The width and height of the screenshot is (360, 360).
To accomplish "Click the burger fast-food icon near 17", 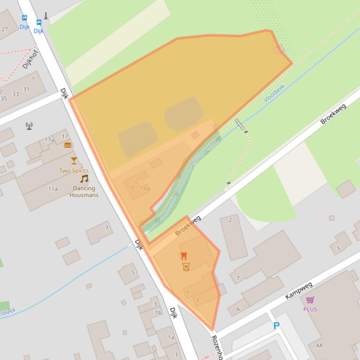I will tap(68, 145).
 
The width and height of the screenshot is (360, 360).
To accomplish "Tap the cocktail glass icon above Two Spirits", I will tap(74, 161).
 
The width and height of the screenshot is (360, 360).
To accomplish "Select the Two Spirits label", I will tap(74, 171).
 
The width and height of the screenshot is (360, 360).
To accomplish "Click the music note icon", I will tap(84, 179).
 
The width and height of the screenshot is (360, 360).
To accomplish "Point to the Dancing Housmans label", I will tap(84, 192).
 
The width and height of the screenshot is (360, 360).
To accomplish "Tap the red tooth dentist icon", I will tap(184, 256).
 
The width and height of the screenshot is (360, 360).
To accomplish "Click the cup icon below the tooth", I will tap(186, 266).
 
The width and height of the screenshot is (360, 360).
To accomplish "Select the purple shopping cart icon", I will tap(310, 300).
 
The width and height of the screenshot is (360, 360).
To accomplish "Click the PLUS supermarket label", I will tap(310, 309).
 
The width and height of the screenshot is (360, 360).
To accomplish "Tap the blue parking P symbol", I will tap(276, 326).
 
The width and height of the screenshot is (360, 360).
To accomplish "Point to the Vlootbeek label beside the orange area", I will tap(274, 93).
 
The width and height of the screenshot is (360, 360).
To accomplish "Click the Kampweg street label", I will tap(298, 290).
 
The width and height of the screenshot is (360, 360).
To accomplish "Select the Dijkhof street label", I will tap(29, 59).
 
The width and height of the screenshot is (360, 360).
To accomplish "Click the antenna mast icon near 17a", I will tap(29, 125).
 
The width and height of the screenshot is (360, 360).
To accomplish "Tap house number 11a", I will tap(53, 189).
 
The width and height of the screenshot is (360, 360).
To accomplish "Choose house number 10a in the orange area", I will tap(146, 188).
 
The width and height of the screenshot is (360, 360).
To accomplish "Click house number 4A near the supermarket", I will tap(319, 346).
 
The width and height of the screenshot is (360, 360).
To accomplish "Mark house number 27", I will tap(5, 29).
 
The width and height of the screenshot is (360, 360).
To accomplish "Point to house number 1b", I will tap(158, 313).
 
